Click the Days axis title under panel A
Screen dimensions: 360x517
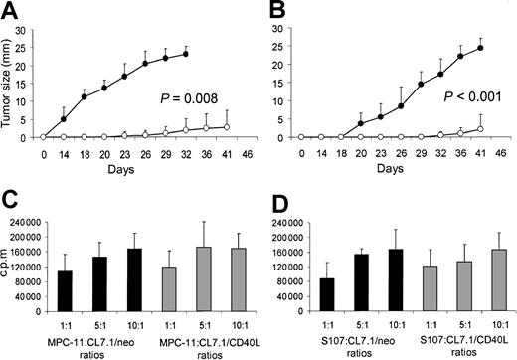coord(139,172)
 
